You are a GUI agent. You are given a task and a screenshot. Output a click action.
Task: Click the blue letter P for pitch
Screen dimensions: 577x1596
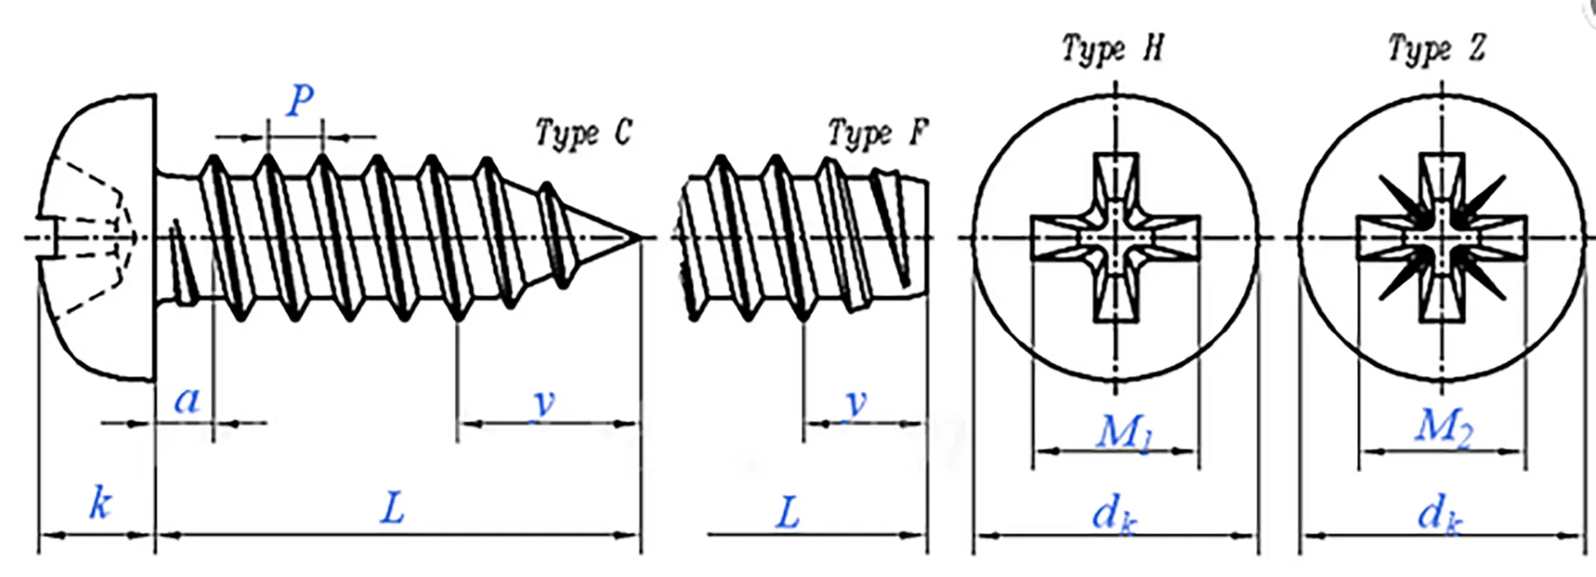(x=300, y=101)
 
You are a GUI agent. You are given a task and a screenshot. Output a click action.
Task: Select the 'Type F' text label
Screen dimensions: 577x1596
(x=879, y=133)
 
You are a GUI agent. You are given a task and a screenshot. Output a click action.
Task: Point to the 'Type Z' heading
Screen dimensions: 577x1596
(x=1437, y=48)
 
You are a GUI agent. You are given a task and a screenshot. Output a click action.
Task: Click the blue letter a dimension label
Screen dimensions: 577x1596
(x=187, y=401)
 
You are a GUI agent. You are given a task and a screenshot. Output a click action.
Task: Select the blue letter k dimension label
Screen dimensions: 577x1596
(x=100, y=503)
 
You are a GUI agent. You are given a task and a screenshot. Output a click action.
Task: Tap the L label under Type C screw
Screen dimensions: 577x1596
(x=392, y=507)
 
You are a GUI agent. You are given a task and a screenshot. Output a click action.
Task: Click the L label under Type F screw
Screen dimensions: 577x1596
(x=787, y=512)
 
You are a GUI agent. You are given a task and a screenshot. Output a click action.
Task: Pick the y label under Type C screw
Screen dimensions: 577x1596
(x=544, y=403)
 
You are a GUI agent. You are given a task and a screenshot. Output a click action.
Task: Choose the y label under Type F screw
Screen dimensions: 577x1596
(x=855, y=403)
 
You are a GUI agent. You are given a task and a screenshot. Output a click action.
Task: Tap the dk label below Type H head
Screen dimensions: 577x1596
(x=1114, y=514)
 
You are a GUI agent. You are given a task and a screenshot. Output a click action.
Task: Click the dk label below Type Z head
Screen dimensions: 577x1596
(x=1440, y=514)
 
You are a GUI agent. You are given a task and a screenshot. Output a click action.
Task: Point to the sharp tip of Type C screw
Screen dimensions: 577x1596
(x=638, y=238)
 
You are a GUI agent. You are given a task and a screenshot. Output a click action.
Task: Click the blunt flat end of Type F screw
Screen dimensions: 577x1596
(x=925, y=238)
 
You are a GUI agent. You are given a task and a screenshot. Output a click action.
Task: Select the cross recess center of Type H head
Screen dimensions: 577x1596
(x=1116, y=238)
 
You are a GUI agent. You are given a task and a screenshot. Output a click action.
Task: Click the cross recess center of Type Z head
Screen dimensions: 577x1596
(x=1441, y=238)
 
